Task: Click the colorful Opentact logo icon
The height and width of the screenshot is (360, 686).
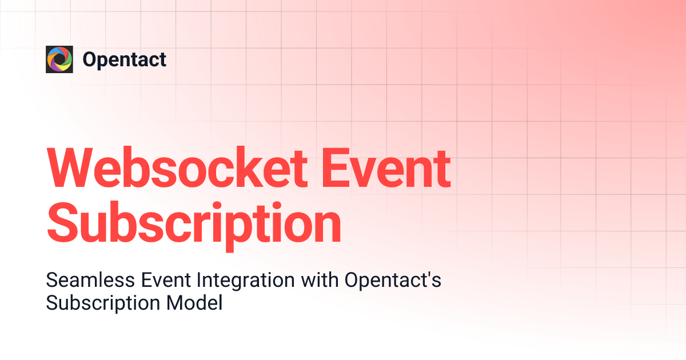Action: tap(59, 59)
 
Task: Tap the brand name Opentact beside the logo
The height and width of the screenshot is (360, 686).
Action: tap(125, 59)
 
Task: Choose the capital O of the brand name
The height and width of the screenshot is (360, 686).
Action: tap(90, 59)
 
